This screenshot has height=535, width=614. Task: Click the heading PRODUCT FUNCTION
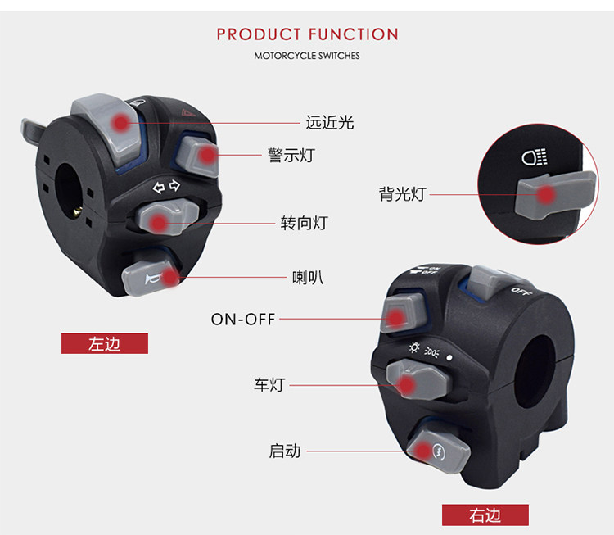pyautogui.click(x=307, y=34)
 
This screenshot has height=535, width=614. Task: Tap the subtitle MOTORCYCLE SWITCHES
pyautogui.click(x=307, y=56)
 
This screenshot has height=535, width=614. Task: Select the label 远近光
pyautogui.click(x=329, y=123)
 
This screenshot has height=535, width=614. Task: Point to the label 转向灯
pyautogui.click(x=304, y=222)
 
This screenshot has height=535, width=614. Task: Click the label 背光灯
pyautogui.click(x=402, y=194)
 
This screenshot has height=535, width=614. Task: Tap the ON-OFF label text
pyautogui.click(x=243, y=320)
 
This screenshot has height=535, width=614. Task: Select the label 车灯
pyautogui.click(x=269, y=384)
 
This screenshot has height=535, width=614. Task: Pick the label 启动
pyautogui.click(x=284, y=451)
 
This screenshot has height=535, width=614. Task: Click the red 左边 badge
pyautogui.click(x=105, y=344)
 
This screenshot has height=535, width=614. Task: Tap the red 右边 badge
pyautogui.click(x=485, y=515)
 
